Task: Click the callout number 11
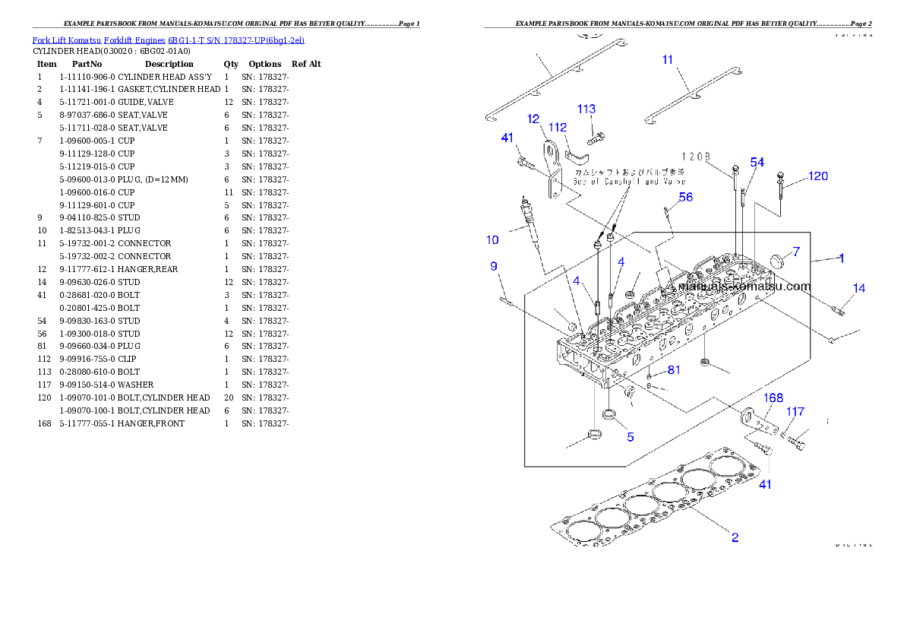pos(668,59)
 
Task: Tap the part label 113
pos(586,109)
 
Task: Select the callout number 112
pos(558,127)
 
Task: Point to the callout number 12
pos(534,119)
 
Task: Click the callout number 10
pos(493,240)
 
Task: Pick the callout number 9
pos(494,266)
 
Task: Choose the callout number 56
pos(685,197)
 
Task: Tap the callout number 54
pos(757,163)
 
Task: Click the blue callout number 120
pos(817,176)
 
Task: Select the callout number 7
pos(796,252)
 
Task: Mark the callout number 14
pos(858,288)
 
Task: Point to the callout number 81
pos(674,370)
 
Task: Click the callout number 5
pos(630,437)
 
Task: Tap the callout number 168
pos(773,398)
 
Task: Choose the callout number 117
pos(795,412)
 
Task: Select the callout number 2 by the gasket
pos(735,537)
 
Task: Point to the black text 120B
pos(695,157)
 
